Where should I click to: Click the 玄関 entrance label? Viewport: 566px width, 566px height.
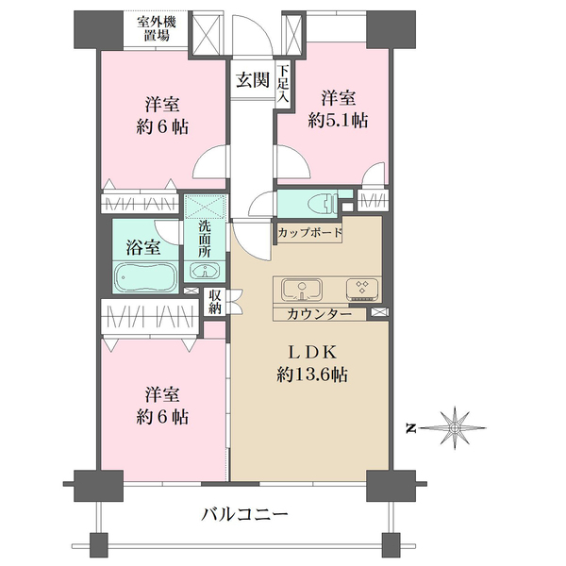[253, 80]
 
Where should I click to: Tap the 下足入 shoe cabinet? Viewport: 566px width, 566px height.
[283, 84]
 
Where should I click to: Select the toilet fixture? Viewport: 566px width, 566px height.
[323, 203]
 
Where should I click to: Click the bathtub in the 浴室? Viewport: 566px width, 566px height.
[146, 277]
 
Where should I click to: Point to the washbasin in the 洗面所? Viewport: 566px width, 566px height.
[205, 271]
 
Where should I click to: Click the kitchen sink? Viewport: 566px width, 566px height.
[302, 290]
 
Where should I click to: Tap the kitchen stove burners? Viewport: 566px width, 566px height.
[362, 290]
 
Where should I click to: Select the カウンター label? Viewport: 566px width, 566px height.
[319, 314]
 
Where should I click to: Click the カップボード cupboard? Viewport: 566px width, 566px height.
[309, 233]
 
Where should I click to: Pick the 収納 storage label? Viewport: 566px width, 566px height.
[214, 302]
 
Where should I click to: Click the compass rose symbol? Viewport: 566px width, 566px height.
[454, 428]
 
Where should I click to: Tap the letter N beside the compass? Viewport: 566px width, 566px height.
[410, 428]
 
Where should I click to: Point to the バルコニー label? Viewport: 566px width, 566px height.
[245, 514]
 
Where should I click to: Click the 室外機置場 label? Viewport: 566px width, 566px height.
[157, 29]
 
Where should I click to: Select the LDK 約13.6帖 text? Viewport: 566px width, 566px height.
[312, 364]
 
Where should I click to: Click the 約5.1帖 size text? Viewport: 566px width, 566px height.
[338, 120]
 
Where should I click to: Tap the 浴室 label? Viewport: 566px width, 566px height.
[143, 247]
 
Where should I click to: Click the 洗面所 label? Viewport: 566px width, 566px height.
[205, 239]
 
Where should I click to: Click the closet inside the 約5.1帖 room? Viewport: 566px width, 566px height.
[374, 200]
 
